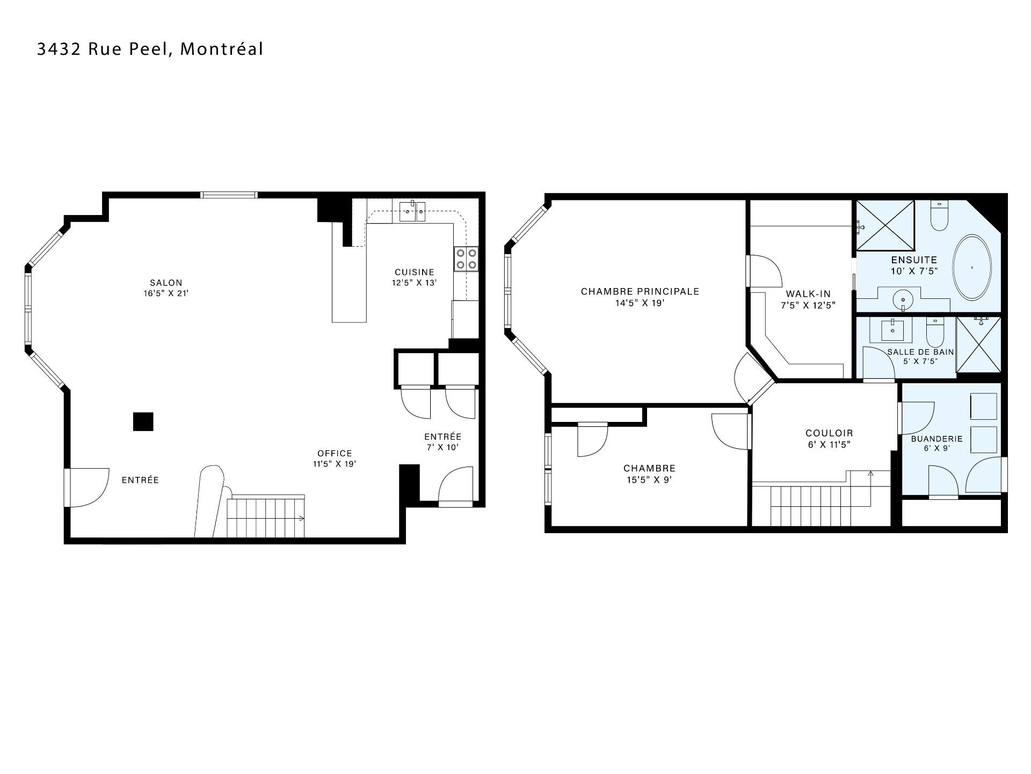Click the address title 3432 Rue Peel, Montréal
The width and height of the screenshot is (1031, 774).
(150, 49)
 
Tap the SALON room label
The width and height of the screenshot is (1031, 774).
(166, 283)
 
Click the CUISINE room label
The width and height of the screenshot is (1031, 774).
(415, 273)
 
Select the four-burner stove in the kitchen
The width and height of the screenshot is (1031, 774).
(466, 259)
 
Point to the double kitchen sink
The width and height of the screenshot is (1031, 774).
(412, 212)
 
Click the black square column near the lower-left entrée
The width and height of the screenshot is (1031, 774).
(143, 421)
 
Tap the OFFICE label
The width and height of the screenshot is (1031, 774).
(335, 453)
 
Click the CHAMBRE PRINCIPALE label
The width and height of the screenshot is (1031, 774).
(640, 292)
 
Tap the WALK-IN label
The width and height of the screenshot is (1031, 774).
(808, 294)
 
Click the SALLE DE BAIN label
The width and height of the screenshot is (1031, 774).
(920, 352)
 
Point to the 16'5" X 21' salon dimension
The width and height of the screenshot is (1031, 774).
(166, 294)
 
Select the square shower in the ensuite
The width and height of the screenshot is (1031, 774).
(885, 225)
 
